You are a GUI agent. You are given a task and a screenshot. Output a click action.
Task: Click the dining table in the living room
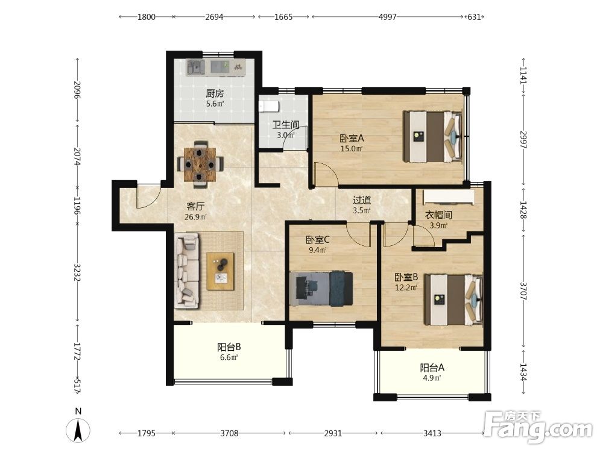200,165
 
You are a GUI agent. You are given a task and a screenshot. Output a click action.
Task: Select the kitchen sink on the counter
196,67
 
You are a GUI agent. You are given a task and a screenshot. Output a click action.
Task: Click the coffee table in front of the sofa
220,271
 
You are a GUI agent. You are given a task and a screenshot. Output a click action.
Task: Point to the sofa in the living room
187,272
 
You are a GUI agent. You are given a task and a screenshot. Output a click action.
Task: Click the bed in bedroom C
321,289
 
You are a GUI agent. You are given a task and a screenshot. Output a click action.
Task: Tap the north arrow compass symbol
78,430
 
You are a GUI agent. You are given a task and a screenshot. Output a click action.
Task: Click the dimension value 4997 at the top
387,17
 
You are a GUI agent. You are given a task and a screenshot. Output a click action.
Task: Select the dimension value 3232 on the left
77,272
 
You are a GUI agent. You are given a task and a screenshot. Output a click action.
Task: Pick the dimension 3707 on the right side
523,290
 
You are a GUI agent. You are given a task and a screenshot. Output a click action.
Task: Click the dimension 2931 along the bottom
333,433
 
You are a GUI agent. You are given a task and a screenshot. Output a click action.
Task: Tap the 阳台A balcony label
432,368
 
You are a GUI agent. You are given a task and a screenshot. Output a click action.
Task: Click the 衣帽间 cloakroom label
438,215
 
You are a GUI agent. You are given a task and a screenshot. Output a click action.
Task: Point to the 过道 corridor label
362,200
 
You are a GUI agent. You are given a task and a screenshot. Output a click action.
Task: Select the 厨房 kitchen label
215,93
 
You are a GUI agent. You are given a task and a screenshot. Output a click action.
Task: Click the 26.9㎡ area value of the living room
196,217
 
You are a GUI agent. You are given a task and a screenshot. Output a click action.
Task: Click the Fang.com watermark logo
538,427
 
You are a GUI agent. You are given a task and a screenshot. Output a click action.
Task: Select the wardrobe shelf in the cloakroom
449,197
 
